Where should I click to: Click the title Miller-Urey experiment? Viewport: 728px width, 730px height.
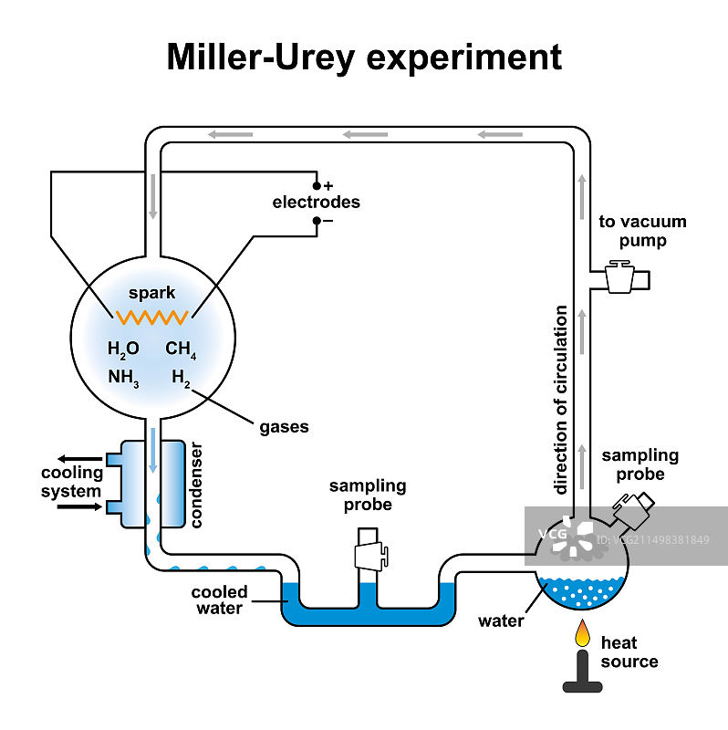point(364,57)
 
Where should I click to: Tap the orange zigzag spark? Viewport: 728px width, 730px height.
point(151,317)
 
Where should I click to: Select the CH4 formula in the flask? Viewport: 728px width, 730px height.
point(180,349)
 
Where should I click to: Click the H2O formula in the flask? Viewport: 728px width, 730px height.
point(122,349)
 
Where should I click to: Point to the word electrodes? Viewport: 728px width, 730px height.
point(316,203)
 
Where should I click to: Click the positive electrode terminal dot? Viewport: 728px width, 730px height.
point(317,185)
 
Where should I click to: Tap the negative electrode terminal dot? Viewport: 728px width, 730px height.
point(317,220)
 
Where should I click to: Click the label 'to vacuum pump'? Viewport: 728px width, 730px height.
point(642,231)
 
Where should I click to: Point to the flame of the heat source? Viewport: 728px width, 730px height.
point(581,632)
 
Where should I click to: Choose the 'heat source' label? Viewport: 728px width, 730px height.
point(629,652)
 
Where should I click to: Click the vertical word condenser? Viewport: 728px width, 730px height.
point(196,485)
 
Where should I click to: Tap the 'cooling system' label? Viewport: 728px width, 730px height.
point(70,483)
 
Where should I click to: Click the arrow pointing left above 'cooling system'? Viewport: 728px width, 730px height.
point(79,459)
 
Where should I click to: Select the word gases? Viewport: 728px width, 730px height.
point(284,426)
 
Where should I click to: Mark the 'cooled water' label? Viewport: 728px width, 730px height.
point(219,600)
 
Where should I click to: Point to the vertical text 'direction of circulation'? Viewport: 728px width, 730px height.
point(562,400)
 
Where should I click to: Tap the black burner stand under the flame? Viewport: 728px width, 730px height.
point(581,671)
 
